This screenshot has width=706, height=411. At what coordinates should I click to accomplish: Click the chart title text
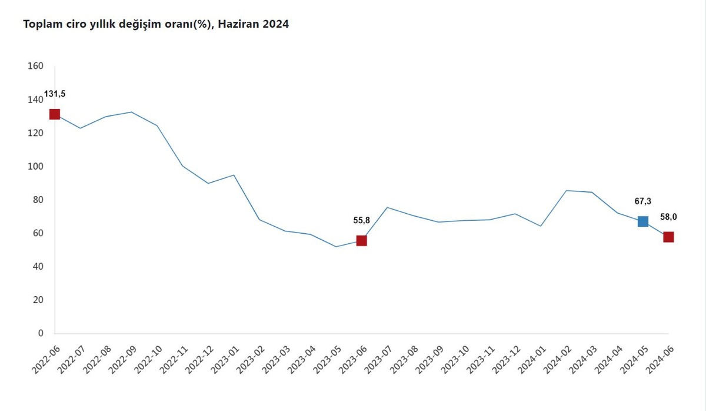pyautogui.click(x=156, y=24)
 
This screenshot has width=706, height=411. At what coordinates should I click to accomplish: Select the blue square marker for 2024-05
pyautogui.click(x=642, y=221)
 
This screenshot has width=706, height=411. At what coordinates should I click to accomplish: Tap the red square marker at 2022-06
pyautogui.click(x=55, y=114)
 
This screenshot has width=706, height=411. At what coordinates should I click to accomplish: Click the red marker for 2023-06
pyautogui.click(x=361, y=241)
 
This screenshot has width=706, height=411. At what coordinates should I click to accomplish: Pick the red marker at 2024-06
pyautogui.click(x=668, y=237)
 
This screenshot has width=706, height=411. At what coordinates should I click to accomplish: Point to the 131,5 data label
pyautogui.click(x=55, y=94)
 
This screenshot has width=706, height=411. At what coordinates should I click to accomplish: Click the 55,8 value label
pyautogui.click(x=361, y=220)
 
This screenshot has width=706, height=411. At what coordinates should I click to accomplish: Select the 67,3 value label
pyautogui.click(x=642, y=201)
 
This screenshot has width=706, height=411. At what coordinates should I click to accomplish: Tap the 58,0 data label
pyautogui.click(x=668, y=217)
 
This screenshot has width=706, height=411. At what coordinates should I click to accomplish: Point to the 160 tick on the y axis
pyautogui.click(x=35, y=66)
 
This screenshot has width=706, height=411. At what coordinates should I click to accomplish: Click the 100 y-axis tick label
pyautogui.click(x=35, y=166)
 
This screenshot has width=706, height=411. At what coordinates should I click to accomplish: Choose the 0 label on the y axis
pyautogui.click(x=41, y=333)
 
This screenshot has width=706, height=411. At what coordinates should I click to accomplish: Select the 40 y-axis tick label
pyautogui.click(x=38, y=266)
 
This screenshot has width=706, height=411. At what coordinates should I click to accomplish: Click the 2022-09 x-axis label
pyautogui.click(x=122, y=360)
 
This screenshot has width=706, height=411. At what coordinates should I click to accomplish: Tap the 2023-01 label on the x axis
pyautogui.click(x=225, y=360)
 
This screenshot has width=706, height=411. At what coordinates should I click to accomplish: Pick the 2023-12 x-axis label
pyautogui.click(x=506, y=360)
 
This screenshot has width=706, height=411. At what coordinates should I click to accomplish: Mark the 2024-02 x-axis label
pyautogui.click(x=557, y=360)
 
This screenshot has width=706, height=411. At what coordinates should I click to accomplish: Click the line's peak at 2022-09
pyautogui.click(x=131, y=112)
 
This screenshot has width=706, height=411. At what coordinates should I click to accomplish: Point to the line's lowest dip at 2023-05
pyautogui.click(x=336, y=247)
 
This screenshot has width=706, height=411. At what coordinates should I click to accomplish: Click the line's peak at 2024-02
pyautogui.click(x=567, y=191)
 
